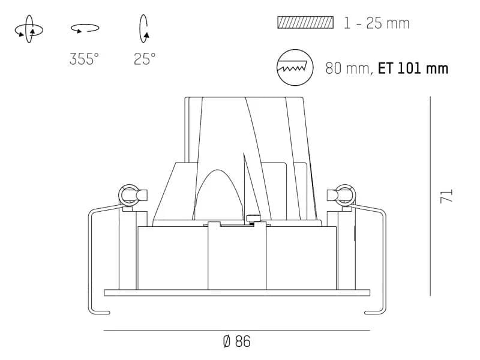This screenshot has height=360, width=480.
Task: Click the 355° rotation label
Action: (x=84, y=59)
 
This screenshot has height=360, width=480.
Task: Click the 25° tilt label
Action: (x=145, y=59)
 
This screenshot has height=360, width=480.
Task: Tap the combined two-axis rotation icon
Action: (x=29, y=29)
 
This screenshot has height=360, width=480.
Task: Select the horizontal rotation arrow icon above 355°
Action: (x=85, y=28)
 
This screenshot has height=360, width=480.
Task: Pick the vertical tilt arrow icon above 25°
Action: (x=143, y=28)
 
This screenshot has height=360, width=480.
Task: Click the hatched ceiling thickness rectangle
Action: (x=305, y=23)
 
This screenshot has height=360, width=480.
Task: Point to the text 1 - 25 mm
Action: (x=377, y=23)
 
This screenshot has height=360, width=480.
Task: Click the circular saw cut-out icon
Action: (x=295, y=67)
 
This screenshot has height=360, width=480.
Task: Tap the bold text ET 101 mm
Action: (x=413, y=68)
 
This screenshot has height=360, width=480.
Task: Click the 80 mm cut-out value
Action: (x=349, y=68)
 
